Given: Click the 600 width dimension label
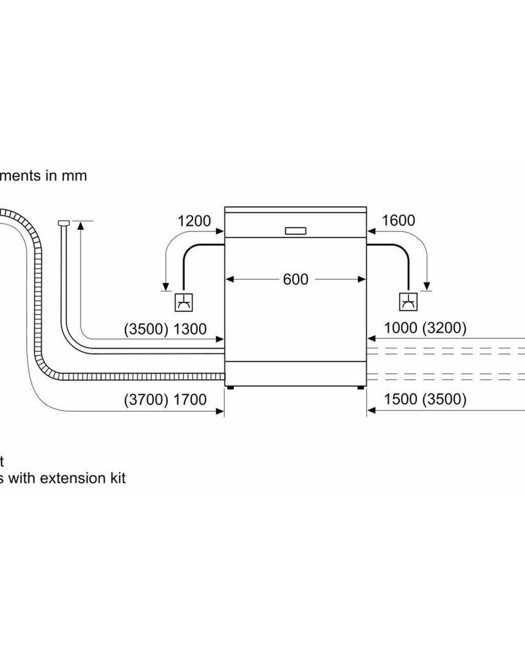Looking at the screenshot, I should tap(296, 279).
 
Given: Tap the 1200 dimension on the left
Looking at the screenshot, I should tap(194, 221).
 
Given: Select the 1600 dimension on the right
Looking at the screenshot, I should tap(398, 220).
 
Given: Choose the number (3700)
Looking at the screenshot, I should tap(146, 399).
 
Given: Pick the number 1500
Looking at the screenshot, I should tap(400, 399).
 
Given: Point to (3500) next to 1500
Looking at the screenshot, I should tap(444, 399).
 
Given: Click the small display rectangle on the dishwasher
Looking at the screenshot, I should tap(296, 231).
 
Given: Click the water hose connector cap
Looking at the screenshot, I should tap(64, 222).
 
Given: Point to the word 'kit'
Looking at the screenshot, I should tap(115, 478).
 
